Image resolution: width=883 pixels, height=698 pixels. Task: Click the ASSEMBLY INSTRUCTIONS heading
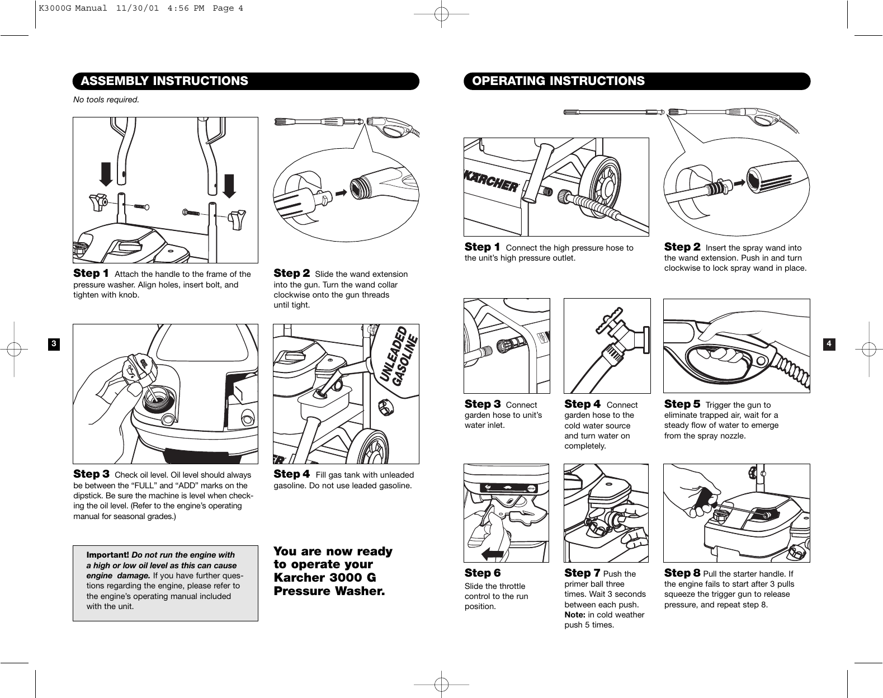164,81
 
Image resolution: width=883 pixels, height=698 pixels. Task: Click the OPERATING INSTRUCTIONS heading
558,81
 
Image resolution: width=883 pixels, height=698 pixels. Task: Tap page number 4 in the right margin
830,343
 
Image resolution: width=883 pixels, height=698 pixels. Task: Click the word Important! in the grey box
107,555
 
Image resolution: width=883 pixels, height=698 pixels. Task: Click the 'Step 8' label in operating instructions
682,573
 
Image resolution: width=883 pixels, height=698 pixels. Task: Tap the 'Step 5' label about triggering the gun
682,404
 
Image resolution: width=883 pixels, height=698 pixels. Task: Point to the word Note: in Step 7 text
575,615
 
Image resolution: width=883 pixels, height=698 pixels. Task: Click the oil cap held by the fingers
139,369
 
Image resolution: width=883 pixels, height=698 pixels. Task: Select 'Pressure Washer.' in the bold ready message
329,591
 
